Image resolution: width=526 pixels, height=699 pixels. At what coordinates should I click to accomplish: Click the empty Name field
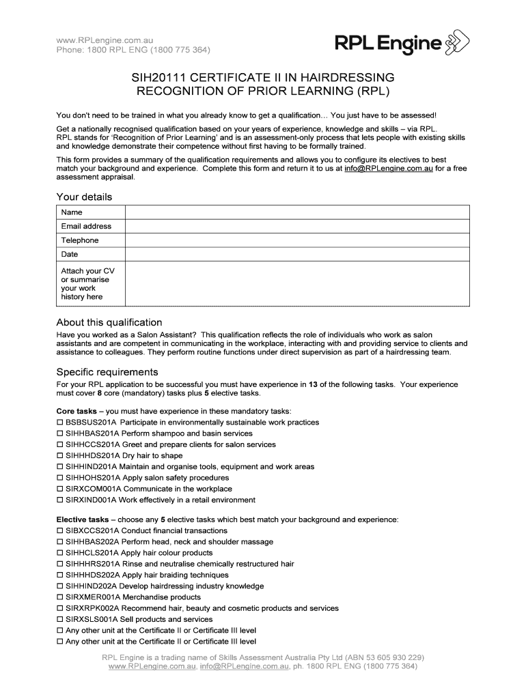pos(297,212)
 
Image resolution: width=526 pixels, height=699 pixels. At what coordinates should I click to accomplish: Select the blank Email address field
pos(297,226)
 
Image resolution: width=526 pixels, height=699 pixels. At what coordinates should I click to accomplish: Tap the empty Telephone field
pos(297,240)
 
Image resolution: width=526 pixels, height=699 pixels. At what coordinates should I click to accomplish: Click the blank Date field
pos(297,254)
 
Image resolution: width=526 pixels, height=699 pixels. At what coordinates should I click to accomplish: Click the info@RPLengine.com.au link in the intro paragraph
pos(389,168)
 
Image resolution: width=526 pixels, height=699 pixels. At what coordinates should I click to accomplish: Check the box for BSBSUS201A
pos(59,423)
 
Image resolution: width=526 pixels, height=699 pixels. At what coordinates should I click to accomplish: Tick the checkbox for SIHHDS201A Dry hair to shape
pos(59,456)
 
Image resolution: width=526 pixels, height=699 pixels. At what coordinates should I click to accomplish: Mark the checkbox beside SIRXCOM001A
pos(59,489)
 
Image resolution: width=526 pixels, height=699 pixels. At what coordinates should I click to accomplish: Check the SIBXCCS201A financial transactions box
pos(59,530)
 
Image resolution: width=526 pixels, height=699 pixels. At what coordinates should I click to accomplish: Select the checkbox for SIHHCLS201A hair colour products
pos(59,553)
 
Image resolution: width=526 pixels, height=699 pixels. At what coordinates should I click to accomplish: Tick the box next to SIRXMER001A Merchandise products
pos(59,597)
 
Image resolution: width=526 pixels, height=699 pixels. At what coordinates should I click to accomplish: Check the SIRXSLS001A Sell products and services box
pos(59,619)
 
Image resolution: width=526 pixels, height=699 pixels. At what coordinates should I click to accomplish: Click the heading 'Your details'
pos(83,197)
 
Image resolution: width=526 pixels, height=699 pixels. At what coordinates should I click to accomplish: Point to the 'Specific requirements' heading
pos(107,372)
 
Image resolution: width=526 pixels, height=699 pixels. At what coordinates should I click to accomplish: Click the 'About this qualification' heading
pos(109,322)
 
